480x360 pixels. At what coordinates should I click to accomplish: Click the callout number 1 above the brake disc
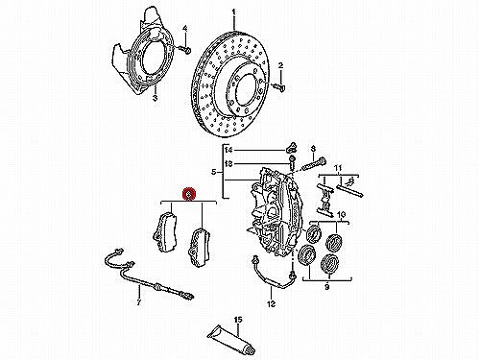(x=234, y=12)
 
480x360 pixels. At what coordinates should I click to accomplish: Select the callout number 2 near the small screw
(x=280, y=66)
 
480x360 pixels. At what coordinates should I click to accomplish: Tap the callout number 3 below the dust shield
(x=155, y=98)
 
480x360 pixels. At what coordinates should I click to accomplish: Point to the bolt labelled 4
(x=187, y=51)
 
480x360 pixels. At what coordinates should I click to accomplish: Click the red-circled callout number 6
(x=189, y=194)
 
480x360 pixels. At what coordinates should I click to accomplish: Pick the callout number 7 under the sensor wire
(x=139, y=302)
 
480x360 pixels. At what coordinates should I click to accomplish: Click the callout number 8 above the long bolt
(x=313, y=149)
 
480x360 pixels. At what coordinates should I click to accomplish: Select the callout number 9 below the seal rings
(x=326, y=287)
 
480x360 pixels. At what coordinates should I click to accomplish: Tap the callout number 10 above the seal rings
(x=341, y=214)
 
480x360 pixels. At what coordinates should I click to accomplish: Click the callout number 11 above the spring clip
(x=338, y=168)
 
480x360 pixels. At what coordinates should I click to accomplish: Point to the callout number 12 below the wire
(x=271, y=303)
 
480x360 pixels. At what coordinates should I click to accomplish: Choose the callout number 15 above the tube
(x=238, y=320)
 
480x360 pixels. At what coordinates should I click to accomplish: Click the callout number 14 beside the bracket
(x=229, y=150)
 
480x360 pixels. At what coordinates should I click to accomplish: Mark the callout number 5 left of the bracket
(x=214, y=173)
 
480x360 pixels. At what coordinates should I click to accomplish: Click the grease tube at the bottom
(x=232, y=340)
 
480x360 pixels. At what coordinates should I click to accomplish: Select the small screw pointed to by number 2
(x=278, y=86)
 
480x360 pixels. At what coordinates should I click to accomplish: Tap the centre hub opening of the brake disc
(x=247, y=93)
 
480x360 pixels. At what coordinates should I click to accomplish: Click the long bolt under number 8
(x=313, y=164)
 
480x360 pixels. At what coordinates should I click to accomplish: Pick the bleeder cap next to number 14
(x=291, y=148)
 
